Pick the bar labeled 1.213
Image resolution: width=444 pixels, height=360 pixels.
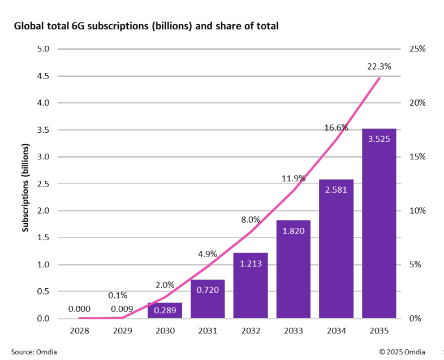click(251, 285)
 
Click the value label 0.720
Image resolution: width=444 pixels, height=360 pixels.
click(208, 290)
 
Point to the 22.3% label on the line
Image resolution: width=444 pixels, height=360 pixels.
click(379, 66)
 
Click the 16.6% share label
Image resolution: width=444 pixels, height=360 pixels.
click(336, 128)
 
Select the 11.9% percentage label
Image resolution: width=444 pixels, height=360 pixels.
click(294, 179)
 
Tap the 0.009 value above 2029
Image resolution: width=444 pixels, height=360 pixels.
click(122, 309)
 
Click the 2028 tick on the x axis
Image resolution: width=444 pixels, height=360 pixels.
click(79, 331)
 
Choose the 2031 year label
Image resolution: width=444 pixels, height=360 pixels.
click(208, 331)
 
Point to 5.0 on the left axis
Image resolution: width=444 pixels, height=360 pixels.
click(43, 49)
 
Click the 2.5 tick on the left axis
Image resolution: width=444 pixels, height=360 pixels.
click(43, 184)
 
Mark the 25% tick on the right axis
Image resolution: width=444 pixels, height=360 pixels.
click(417, 49)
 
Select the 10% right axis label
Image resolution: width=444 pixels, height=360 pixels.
click(417, 211)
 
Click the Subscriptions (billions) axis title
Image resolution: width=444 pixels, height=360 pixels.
click(25, 184)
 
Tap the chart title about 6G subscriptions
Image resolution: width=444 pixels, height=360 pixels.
click(146, 26)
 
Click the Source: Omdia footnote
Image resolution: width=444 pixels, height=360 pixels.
click(34, 352)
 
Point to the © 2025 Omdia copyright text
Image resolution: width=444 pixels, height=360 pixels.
click(402, 352)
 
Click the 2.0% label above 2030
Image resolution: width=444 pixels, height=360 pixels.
click(165, 285)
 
